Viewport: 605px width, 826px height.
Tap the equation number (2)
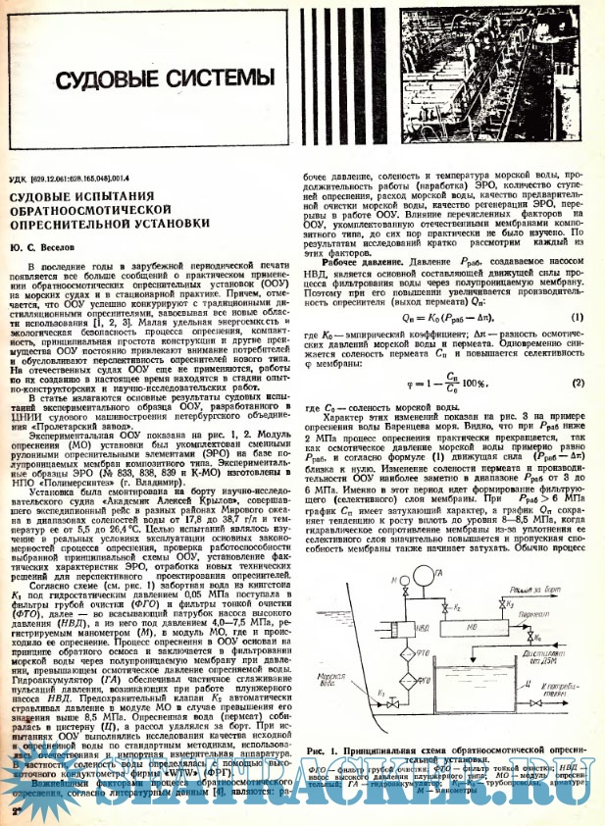pos(578,383)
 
